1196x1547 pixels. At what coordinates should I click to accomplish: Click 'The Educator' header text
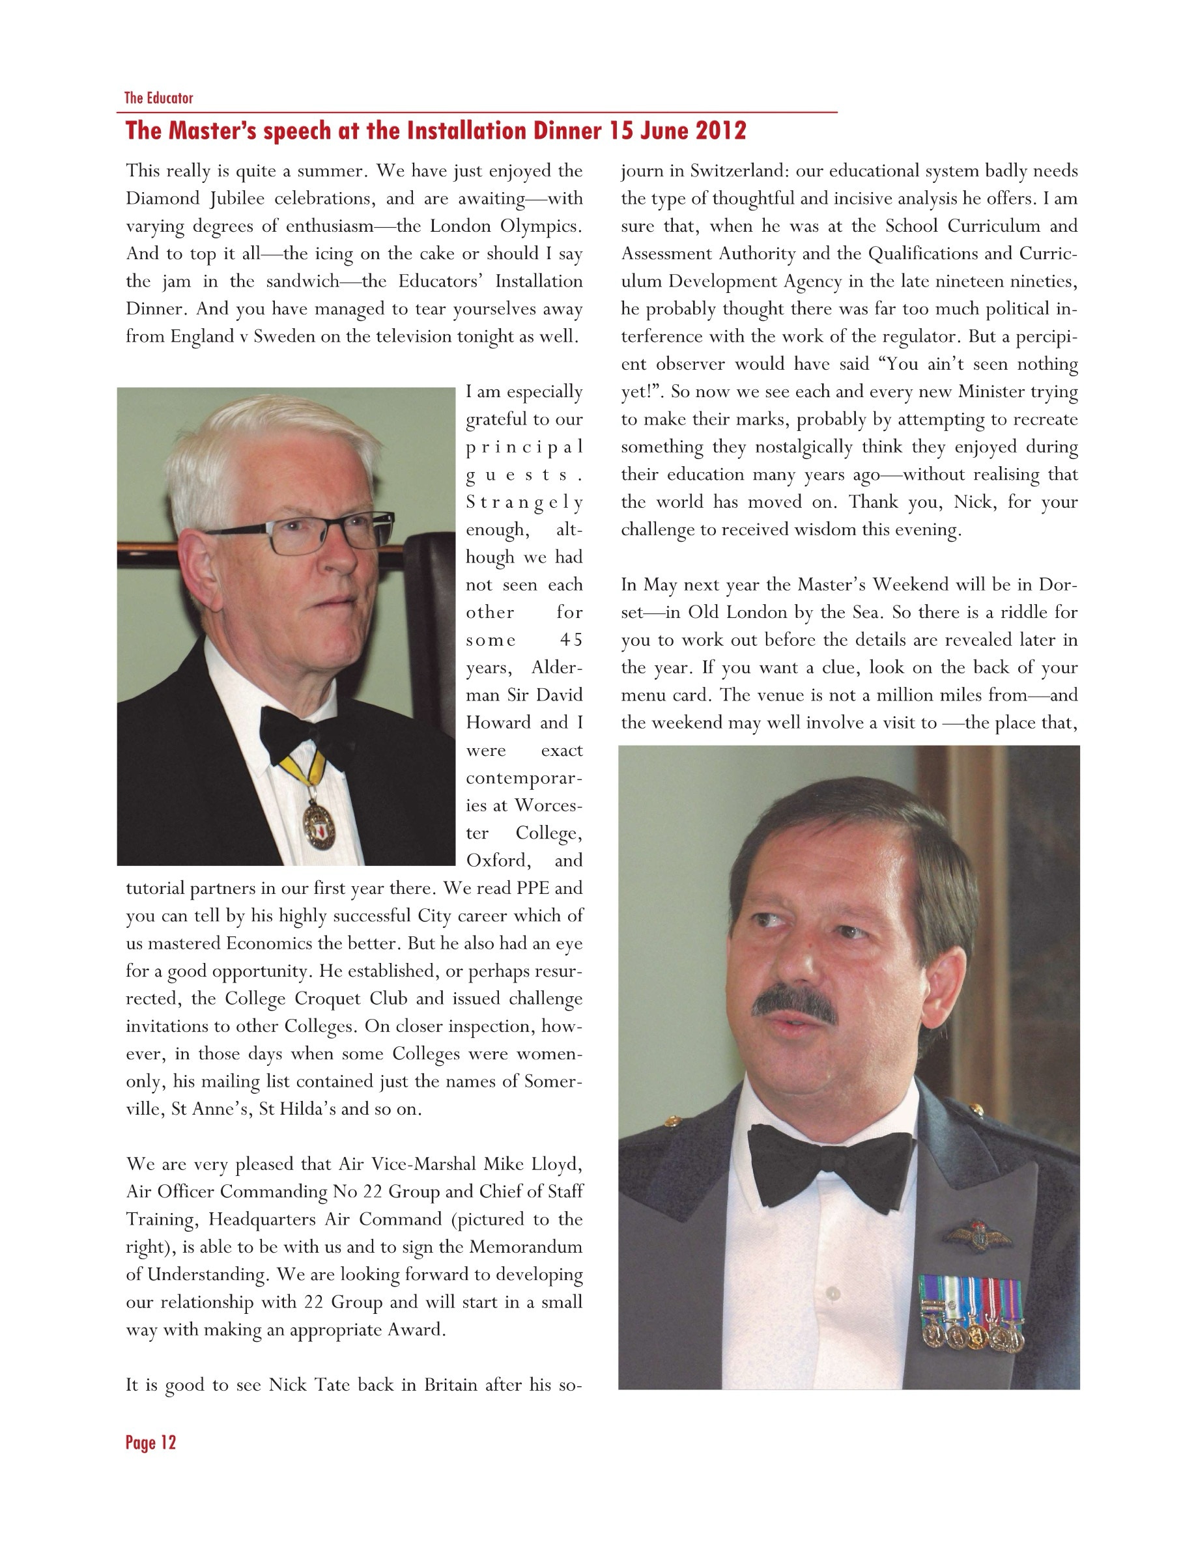pyautogui.click(x=159, y=98)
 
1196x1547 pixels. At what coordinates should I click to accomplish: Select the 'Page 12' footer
pyautogui.click(x=150, y=1442)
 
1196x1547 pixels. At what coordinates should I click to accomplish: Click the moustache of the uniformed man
pyautogui.click(x=793, y=1005)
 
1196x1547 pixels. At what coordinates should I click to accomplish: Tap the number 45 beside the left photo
pyautogui.click(x=571, y=640)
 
